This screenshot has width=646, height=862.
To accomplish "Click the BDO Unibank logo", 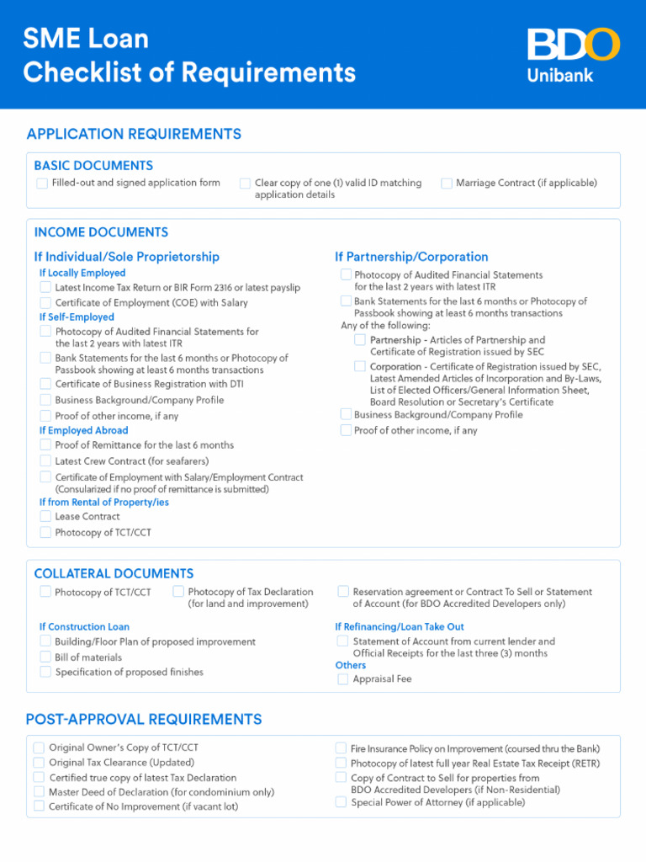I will coord(573,55).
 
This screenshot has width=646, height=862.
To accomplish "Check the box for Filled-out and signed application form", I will coord(42,184).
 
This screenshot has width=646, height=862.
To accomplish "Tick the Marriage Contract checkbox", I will coord(447,184).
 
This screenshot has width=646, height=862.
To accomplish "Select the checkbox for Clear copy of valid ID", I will coord(245,184).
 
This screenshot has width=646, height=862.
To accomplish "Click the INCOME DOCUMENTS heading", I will coord(101,232).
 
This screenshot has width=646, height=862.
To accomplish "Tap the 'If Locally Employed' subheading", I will coord(82,273).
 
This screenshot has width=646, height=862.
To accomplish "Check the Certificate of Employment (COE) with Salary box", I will coord(45,302).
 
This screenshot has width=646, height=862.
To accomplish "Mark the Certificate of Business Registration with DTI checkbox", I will coord(45,384).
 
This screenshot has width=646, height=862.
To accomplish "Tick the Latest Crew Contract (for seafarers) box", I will coord(45,461).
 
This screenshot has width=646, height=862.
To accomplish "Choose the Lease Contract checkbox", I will coord(45,516).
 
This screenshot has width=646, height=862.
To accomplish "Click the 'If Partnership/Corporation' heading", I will coord(411,257).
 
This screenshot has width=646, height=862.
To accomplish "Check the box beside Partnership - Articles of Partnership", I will coord(360,340).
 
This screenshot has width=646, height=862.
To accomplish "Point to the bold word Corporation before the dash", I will coord(395,367).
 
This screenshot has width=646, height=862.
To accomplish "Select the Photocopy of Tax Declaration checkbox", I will coord(178,592).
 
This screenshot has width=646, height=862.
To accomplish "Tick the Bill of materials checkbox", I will coord(45,657).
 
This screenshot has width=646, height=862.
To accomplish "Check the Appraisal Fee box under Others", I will coord(343,679).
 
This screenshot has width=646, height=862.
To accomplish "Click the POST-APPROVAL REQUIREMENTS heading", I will coord(144,720).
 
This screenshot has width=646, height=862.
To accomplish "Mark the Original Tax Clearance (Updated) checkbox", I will coord(39,763).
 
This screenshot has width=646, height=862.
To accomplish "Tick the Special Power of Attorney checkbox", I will coord(341,802).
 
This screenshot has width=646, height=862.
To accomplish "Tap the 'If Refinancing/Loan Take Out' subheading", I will coord(400,626).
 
